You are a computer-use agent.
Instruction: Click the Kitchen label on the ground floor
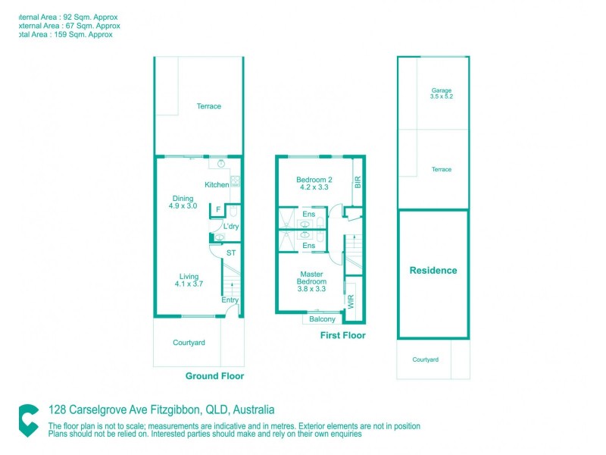pyautogui.click(x=217, y=185)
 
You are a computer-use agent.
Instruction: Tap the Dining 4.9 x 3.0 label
pyautogui.click(x=183, y=202)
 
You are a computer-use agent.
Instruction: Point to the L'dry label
pyautogui.click(x=231, y=227)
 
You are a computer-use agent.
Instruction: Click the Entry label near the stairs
pyautogui.click(x=230, y=300)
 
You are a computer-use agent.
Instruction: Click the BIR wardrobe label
pyautogui.click(x=358, y=182)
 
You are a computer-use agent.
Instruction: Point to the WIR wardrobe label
pyautogui.click(x=351, y=300)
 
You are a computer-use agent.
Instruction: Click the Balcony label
pyautogui.click(x=322, y=319)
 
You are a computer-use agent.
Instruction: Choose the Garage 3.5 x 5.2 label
pyautogui.click(x=441, y=93)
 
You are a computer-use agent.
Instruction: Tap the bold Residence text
pyautogui.click(x=433, y=271)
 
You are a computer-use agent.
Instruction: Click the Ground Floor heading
pyautogui.click(x=214, y=376)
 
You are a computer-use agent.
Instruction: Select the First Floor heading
pyautogui.click(x=342, y=335)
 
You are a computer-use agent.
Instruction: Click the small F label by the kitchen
pyautogui.click(x=218, y=209)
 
